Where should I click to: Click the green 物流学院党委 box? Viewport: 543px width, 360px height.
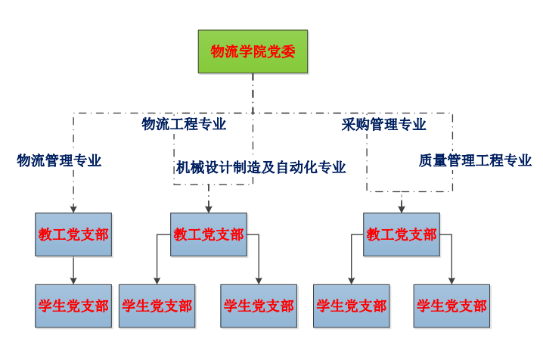click(x=253, y=51)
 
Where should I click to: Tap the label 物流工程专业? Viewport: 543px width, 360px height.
click(x=184, y=124)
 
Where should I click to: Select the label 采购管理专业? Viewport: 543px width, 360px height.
click(x=383, y=124)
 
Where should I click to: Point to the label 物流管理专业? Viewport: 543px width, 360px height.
click(x=59, y=160)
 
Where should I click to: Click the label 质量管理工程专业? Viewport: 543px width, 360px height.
click(x=475, y=160)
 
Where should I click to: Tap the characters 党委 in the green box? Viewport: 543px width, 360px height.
click(x=281, y=51)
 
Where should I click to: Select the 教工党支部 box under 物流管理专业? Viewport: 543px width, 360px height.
click(x=73, y=234)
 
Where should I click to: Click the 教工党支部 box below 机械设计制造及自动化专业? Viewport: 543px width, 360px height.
click(x=208, y=234)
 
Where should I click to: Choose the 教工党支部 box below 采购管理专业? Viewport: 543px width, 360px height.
click(x=402, y=234)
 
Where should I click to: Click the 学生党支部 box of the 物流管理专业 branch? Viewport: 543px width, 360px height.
click(x=73, y=306)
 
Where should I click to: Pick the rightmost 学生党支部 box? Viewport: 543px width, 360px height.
click(x=451, y=306)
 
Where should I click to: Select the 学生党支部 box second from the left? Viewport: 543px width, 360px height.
click(x=157, y=306)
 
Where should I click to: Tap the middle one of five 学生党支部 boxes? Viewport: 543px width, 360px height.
click(x=258, y=306)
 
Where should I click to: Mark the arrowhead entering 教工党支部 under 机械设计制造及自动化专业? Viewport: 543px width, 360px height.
click(x=208, y=209)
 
